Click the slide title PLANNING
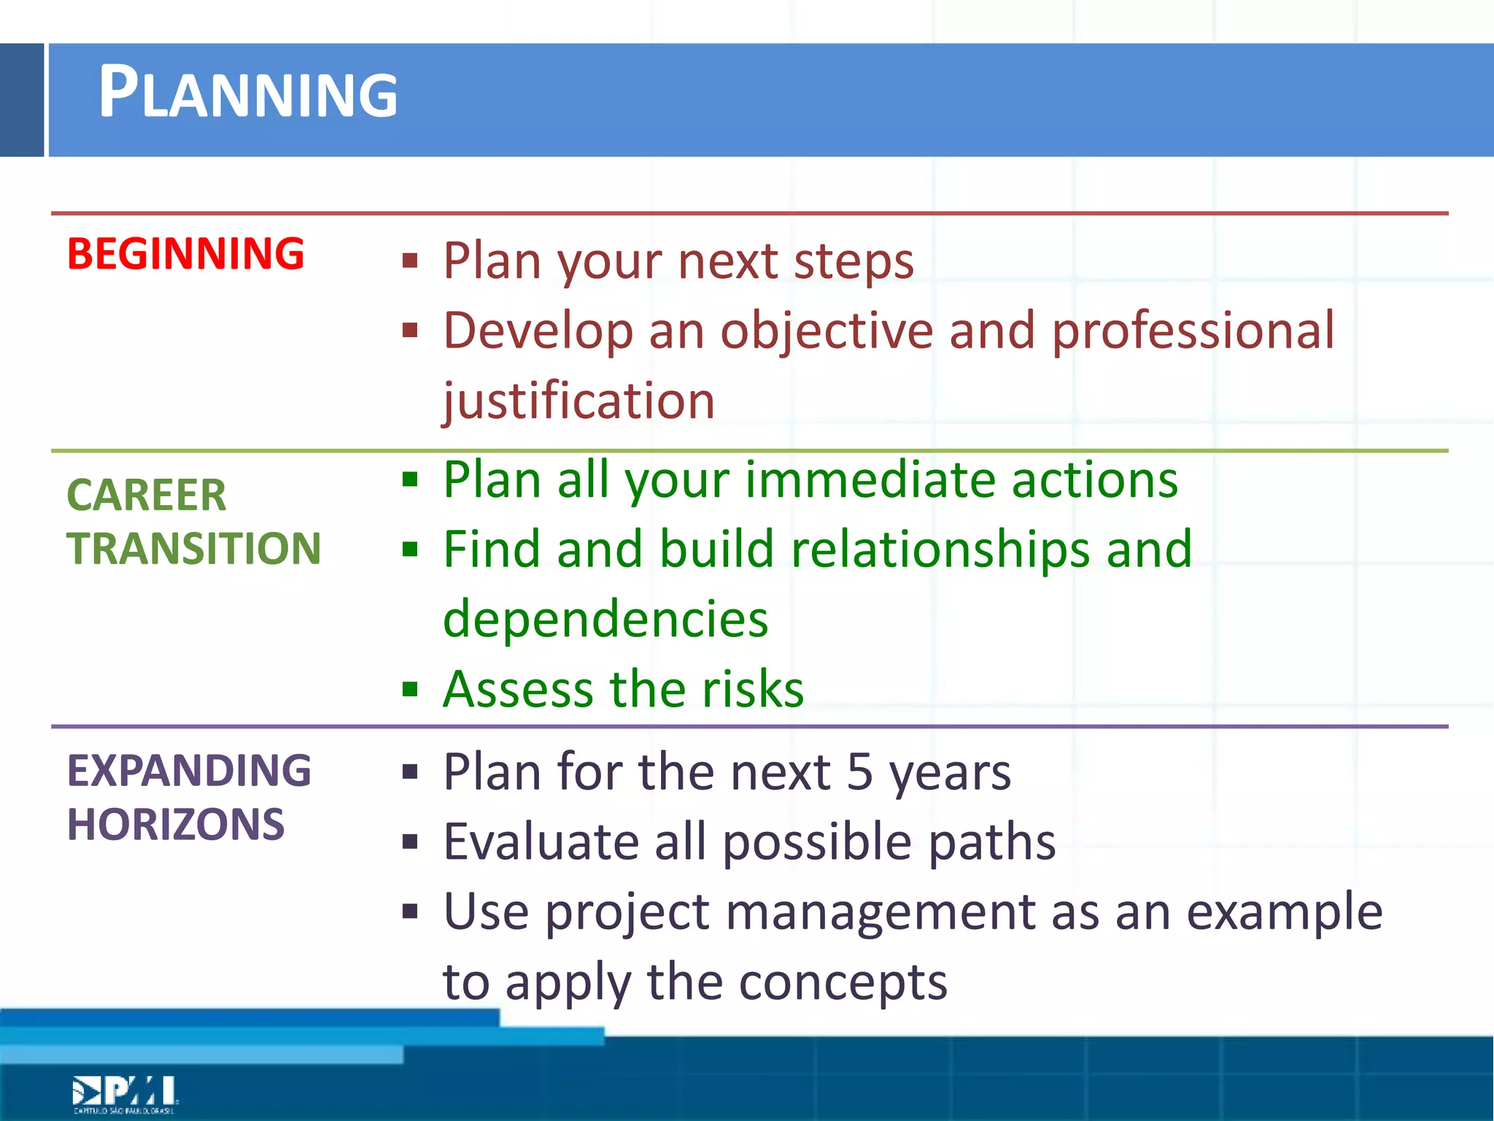point(248,93)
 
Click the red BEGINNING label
point(185,254)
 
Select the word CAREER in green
point(146,496)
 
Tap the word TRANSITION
point(193,549)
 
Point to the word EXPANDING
point(189,771)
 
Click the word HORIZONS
point(175,825)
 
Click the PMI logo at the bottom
point(124,1093)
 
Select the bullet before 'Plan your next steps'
point(410,261)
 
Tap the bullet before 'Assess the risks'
point(410,689)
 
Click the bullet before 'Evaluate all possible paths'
point(410,842)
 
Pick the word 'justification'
point(579,401)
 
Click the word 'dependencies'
point(605,619)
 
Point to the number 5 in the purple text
point(859,772)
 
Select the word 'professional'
point(1193,331)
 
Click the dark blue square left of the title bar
point(22,100)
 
